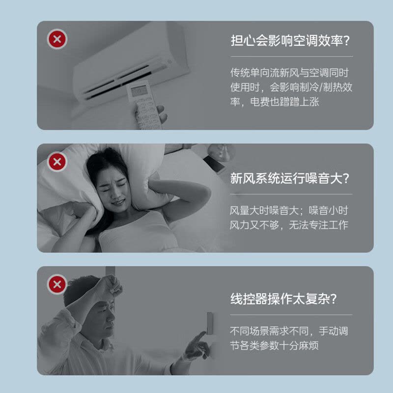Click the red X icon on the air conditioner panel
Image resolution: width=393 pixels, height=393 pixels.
coord(57,39)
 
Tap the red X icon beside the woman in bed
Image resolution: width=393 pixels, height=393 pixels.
coord(57,162)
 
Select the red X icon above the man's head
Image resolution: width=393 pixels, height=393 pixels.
coord(57,284)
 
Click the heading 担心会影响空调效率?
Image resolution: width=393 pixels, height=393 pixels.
coord(291,40)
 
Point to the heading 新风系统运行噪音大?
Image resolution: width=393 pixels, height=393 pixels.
coord(291,178)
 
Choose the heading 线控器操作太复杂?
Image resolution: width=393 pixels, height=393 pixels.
coord(285,298)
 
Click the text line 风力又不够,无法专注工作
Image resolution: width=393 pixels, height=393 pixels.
coord(289,225)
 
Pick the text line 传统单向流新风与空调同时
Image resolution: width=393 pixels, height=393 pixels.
coord(289,73)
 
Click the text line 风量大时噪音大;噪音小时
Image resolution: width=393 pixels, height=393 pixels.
coord(289,211)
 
